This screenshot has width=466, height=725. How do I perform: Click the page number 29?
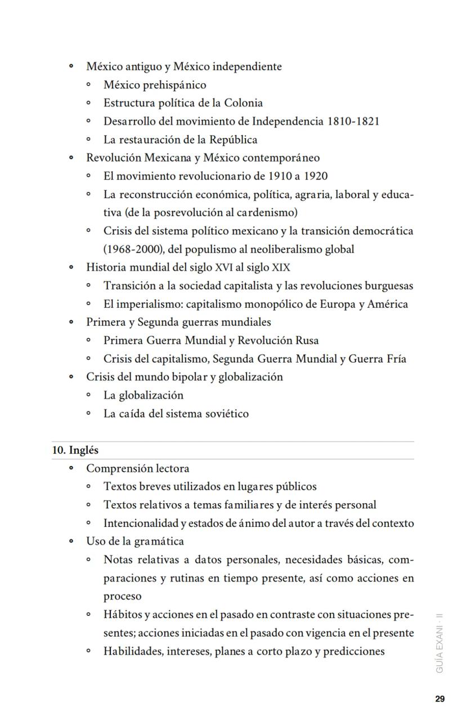pyautogui.click(x=440, y=699)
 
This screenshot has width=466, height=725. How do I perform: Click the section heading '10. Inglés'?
pyautogui.click(x=75, y=450)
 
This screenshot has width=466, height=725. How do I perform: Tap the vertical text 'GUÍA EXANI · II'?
pyautogui.click(x=440, y=642)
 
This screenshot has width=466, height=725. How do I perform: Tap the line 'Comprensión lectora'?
pyautogui.click(x=137, y=468)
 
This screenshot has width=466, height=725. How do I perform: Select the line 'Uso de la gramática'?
pyautogui.click(x=135, y=541)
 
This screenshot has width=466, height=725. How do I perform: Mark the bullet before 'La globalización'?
pyautogui.click(x=89, y=396)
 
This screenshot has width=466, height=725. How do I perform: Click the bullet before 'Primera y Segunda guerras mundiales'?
pyautogui.click(x=71, y=323)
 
